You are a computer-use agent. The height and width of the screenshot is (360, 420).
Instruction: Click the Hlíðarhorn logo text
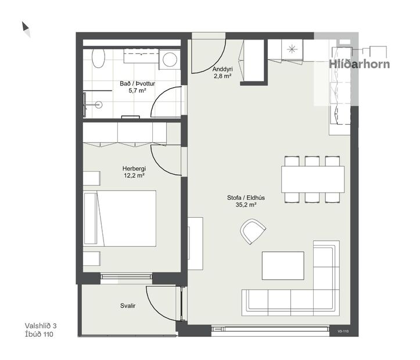tap(360, 64)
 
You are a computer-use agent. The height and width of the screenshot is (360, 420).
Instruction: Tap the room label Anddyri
tap(223, 68)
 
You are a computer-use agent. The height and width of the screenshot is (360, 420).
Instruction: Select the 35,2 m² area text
tap(242, 204)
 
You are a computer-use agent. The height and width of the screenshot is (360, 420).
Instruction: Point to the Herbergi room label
tap(134, 168)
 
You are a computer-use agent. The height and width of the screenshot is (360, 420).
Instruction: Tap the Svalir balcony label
tap(128, 305)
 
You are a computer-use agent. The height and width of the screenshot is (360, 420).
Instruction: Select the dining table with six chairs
tap(313, 179)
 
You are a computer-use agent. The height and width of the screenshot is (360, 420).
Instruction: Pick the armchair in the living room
tap(253, 232)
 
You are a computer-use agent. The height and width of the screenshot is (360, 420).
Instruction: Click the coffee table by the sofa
tap(283, 265)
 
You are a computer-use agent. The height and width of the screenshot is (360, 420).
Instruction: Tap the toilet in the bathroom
tap(98, 57)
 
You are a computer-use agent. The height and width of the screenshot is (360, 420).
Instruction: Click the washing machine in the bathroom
tap(170, 59)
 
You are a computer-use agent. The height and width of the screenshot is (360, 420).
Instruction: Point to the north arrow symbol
tap(26, 28)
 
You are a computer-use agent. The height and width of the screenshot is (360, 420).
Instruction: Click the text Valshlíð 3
tap(44, 326)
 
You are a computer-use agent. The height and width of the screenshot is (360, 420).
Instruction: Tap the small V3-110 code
tap(342, 332)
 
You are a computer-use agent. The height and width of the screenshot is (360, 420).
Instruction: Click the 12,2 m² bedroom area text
tap(134, 176)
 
